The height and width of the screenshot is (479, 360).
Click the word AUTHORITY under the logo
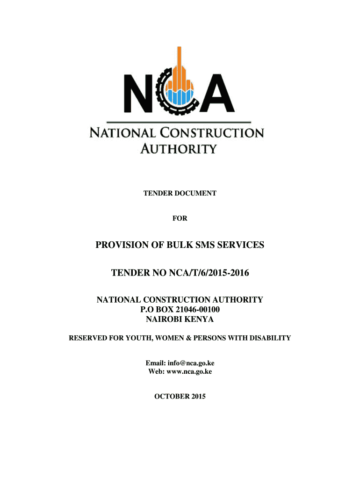pyautogui.click(x=179, y=149)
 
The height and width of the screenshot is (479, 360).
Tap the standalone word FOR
pyautogui.click(x=180, y=218)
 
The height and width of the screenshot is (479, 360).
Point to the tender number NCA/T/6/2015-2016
pyautogui.click(x=204, y=272)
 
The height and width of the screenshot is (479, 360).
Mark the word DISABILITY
pyautogui.click(x=270, y=338)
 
